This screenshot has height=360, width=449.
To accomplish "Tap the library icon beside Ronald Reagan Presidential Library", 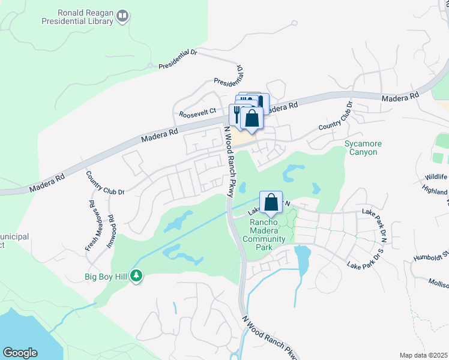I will click(x=122, y=16).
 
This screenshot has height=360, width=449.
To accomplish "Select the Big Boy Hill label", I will click(x=106, y=277).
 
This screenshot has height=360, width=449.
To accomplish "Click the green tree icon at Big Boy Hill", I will click(x=137, y=276).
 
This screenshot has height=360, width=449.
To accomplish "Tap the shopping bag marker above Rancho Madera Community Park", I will click(x=271, y=202).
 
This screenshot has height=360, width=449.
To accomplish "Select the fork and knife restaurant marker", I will click(x=238, y=113).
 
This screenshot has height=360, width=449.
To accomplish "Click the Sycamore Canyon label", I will click(x=361, y=148).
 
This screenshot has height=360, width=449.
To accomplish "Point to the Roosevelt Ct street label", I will click(x=197, y=113).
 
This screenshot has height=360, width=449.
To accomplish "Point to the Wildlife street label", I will click(x=436, y=177).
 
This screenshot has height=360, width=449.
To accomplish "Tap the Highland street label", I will click(x=436, y=191).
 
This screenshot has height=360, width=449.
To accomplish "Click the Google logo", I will click(x=20, y=353).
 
